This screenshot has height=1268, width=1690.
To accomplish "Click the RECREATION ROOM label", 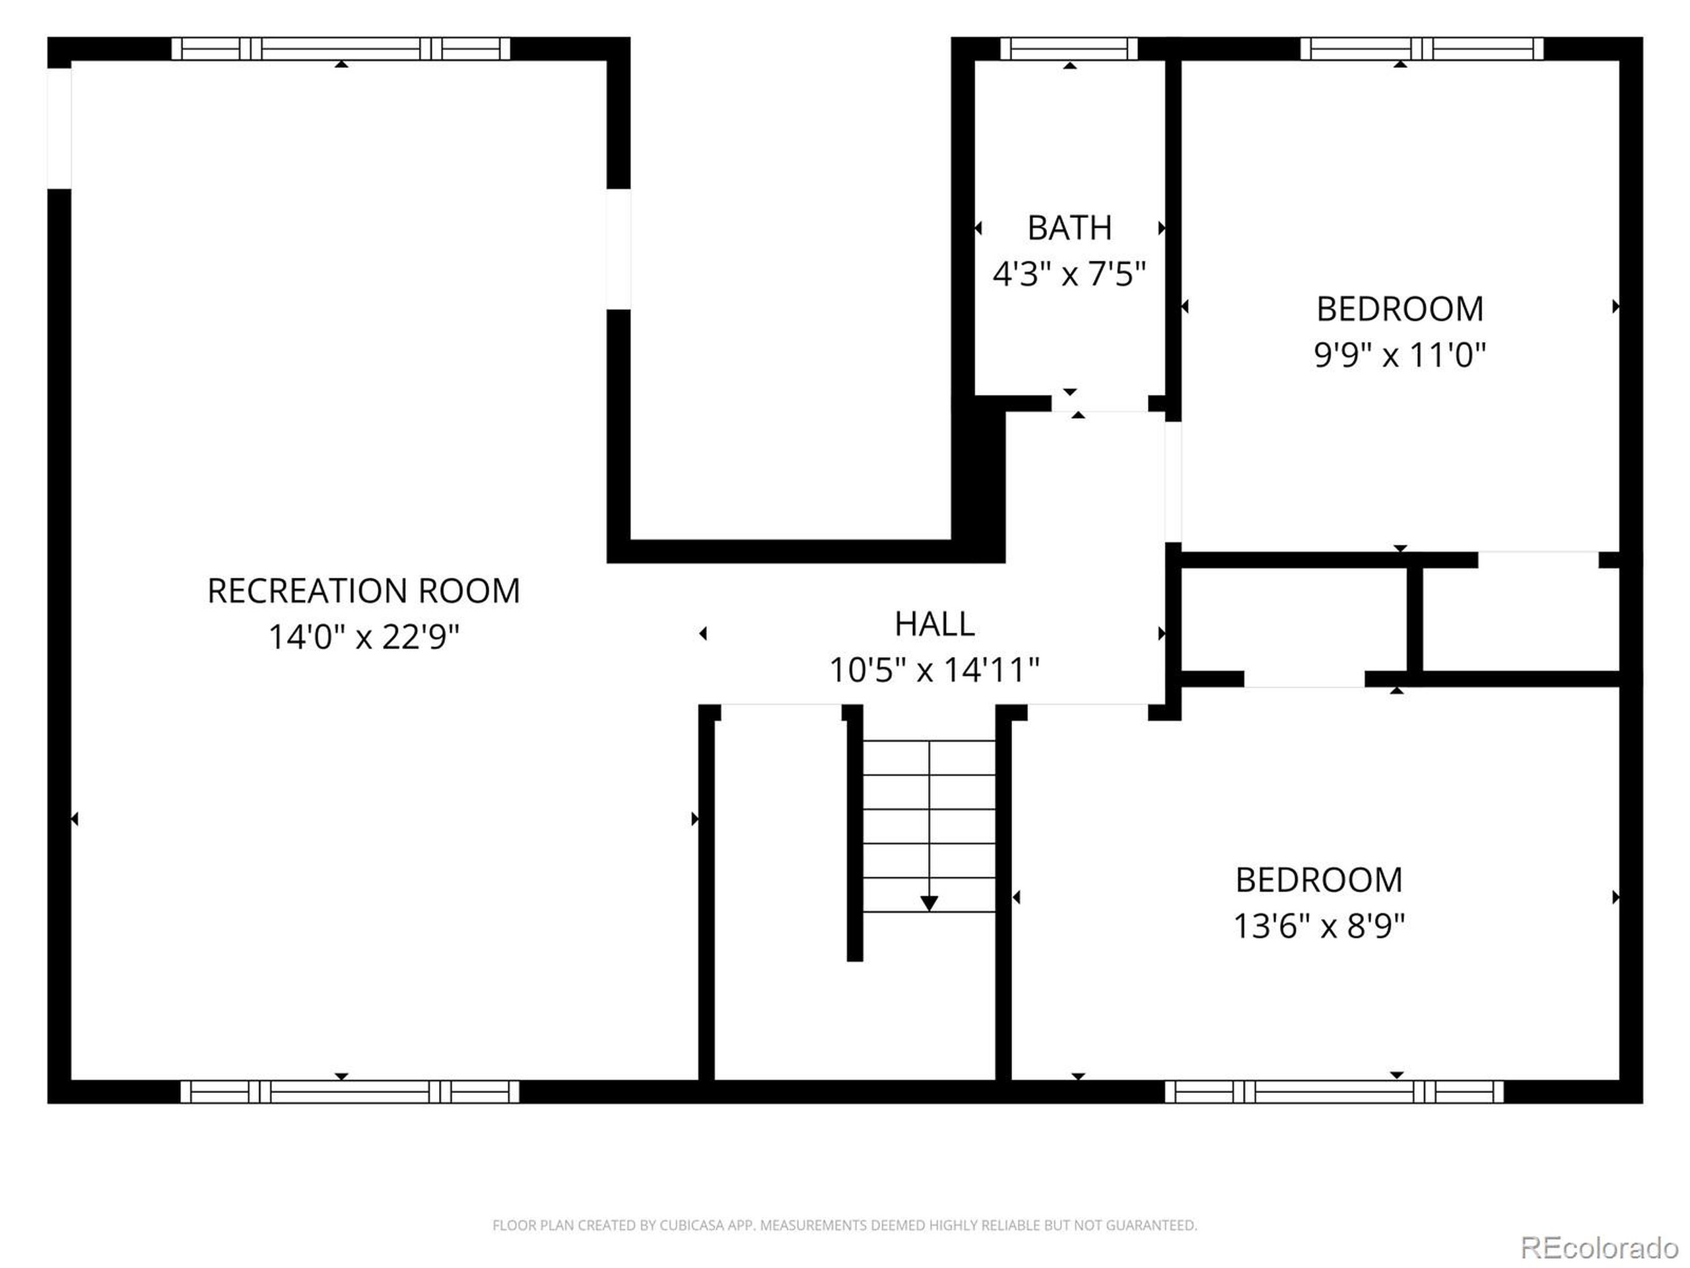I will (364, 591).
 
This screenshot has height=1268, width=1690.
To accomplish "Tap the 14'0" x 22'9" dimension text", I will (364, 637).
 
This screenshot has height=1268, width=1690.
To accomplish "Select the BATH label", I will (1069, 228).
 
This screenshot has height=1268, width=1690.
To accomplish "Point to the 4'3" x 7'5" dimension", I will (1069, 273).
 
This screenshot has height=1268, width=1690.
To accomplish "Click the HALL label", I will (934, 625).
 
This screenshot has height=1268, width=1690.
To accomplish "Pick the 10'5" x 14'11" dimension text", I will (934, 670).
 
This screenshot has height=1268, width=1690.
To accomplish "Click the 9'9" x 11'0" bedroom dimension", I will (1400, 355).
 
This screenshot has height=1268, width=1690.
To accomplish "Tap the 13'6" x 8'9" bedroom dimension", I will (1320, 927).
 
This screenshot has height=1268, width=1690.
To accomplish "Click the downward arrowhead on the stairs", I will (929, 903).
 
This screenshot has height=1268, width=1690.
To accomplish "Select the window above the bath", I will (1069, 49).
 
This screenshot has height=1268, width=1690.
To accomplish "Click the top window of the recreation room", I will (341, 49).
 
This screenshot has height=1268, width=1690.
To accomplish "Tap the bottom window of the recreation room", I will (350, 1092).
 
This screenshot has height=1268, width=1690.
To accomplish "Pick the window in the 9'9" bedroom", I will (1422, 49).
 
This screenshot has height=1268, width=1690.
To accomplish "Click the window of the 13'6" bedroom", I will (1334, 1092).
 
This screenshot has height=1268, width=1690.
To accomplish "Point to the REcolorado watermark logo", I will (1599, 1248).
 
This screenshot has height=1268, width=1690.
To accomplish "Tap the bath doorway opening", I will (1100, 404).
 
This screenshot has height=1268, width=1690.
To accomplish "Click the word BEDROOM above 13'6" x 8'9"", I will (1320, 880).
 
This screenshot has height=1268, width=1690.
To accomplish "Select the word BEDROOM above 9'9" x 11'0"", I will (1400, 309).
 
